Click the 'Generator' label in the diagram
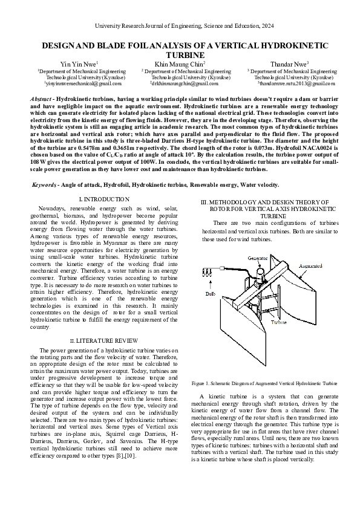click(258, 258)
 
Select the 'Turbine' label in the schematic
click(278, 323)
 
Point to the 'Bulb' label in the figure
click(211, 294)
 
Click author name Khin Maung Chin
click(180, 63)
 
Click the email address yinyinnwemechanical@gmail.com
click(79, 84)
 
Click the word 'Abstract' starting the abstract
click(41, 98)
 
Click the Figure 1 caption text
click(264, 383)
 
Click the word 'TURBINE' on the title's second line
click(180, 54)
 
